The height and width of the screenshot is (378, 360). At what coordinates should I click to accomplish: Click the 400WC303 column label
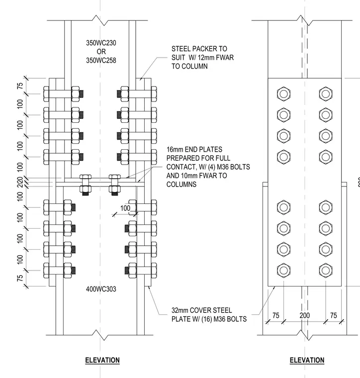tap(101, 289)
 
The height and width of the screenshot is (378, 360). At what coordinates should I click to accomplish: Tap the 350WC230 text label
tap(101, 43)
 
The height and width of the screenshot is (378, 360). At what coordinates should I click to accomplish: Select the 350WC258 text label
tap(101, 60)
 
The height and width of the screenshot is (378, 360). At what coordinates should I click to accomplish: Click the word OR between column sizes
tap(101, 52)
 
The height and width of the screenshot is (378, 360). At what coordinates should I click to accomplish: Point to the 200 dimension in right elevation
tap(305, 315)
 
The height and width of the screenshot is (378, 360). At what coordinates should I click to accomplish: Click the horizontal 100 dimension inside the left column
tap(125, 208)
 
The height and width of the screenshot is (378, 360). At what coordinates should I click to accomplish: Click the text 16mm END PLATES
tap(194, 150)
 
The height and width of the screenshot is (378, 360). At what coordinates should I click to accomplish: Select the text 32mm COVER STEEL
tap(201, 310)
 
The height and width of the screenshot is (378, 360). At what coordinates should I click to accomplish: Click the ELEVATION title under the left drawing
tap(102, 360)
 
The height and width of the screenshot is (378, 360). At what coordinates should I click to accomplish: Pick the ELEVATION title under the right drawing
tap(307, 360)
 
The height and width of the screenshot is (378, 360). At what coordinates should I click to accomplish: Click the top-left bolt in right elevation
tap(283, 94)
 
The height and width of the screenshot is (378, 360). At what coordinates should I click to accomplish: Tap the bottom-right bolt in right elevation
tap(326, 270)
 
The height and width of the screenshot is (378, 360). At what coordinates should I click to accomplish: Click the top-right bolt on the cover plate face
tap(326, 94)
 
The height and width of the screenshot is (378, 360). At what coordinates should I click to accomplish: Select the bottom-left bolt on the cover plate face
tap(283, 270)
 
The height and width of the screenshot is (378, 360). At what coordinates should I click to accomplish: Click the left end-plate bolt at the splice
tap(86, 185)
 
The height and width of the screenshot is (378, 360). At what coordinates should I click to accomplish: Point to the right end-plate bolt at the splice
tap(115, 185)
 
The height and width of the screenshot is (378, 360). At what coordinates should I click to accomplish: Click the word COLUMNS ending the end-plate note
tap(181, 185)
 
